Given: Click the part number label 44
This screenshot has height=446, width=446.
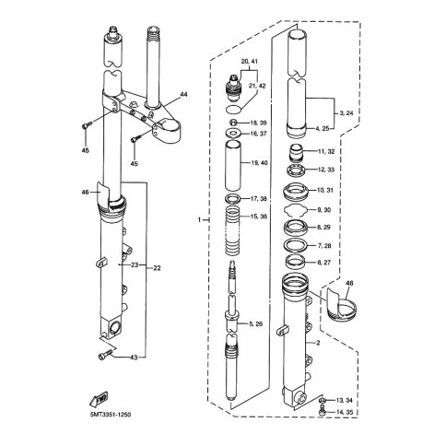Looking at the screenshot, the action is tap(183, 94).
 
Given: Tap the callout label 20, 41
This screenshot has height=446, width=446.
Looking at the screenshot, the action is tap(249, 62).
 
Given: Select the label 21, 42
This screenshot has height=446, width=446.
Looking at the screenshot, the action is tap(257, 86).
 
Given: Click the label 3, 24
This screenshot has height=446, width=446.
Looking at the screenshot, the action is tap(346, 113).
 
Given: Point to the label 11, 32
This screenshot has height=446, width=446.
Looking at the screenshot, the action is tap(326, 151).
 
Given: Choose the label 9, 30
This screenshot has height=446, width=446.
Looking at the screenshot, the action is tap(323, 210).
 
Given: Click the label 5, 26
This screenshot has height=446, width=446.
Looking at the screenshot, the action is tap(256, 323).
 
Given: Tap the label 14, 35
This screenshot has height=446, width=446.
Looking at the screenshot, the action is tap(344, 412).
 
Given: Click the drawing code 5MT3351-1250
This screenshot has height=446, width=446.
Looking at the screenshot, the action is tap(111, 415).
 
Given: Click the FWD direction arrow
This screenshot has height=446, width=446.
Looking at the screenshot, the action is tap(99, 399).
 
